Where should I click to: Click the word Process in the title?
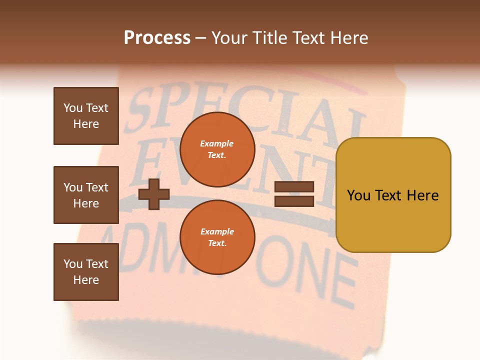coord(157,38)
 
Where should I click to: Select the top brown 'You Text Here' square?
coord(86,116)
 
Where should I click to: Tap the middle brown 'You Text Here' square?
coord(86,195)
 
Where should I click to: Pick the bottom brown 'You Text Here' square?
coord(86,272)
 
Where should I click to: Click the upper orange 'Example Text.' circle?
coord(217,149)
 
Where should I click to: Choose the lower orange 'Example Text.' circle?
coord(217,237)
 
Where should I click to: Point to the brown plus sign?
coord(154,194)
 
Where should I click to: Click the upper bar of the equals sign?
coord(294,187)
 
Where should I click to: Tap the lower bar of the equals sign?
coord(294,201)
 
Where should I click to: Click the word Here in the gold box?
coord(422,195)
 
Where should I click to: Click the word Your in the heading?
coord(229,38)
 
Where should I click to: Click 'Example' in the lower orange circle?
coord(217,231)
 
